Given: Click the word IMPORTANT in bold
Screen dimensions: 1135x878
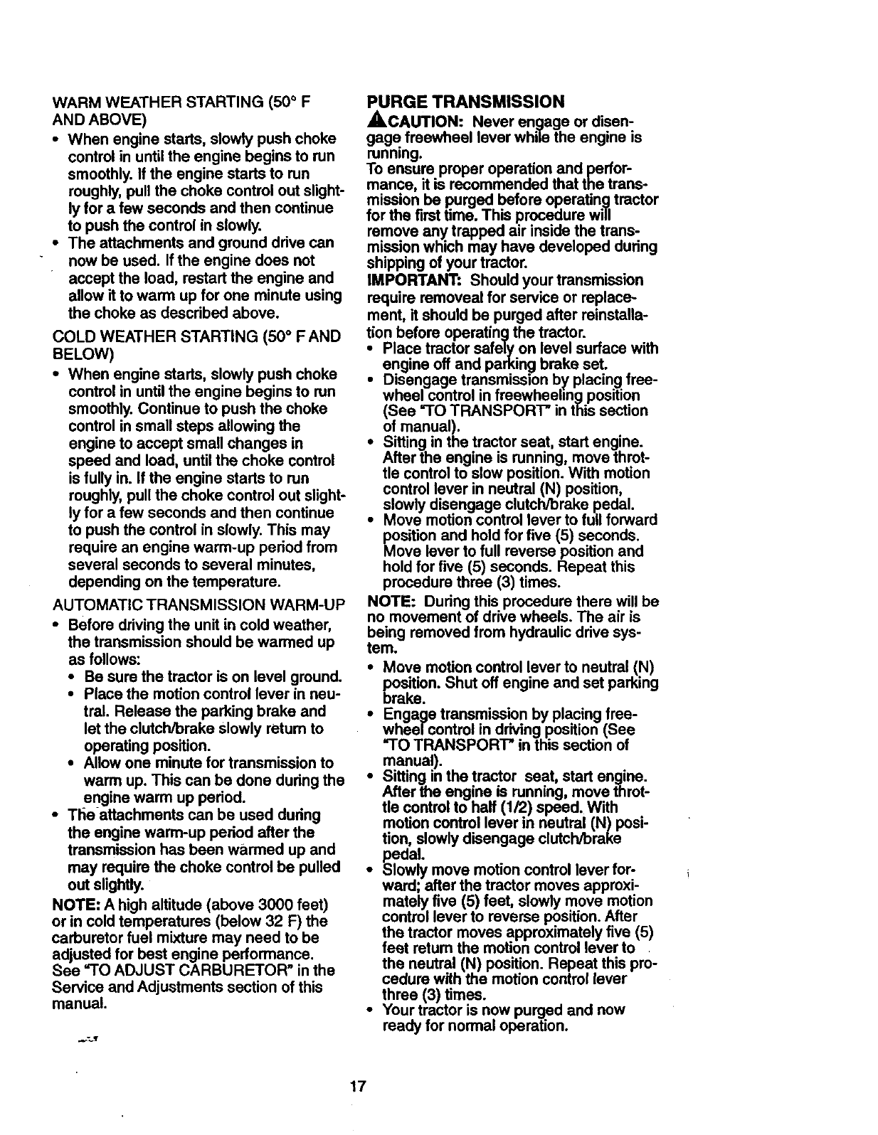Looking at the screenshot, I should pyautogui.click(x=402, y=279).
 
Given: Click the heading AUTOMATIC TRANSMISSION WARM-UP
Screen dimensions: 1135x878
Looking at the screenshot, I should pyautogui.click(x=199, y=606).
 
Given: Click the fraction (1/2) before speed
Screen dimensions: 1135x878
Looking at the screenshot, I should pyautogui.click(x=507, y=807).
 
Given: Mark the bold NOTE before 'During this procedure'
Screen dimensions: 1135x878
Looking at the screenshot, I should pyautogui.click(x=391, y=602).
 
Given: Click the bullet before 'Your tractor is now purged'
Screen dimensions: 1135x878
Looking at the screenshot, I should pyautogui.click(x=371, y=1010).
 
